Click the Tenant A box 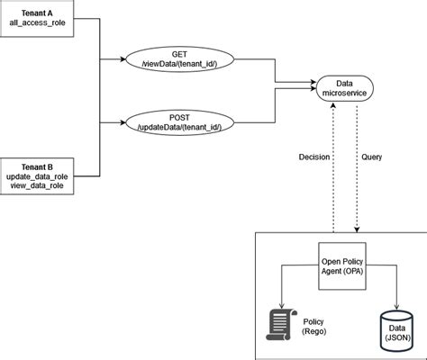tap(37, 18)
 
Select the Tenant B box tap(37, 176)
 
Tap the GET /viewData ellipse tap(179, 59)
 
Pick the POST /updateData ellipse tap(179, 122)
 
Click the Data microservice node tap(344, 88)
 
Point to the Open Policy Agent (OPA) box tap(342, 266)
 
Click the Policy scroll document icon tap(281, 325)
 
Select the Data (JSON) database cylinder tap(396, 331)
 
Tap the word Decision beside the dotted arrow tap(314, 157)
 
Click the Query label tap(371, 157)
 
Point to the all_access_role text tap(37, 22)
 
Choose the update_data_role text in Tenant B tap(37, 176)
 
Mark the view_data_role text tap(37, 185)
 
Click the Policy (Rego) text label tap(313, 327)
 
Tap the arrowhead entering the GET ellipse tap(123, 59)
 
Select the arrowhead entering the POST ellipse tap(123, 122)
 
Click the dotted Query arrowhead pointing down tap(357, 229)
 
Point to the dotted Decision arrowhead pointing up tap(333, 104)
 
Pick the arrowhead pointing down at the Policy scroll tap(281, 306)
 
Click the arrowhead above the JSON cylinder tap(396, 307)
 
